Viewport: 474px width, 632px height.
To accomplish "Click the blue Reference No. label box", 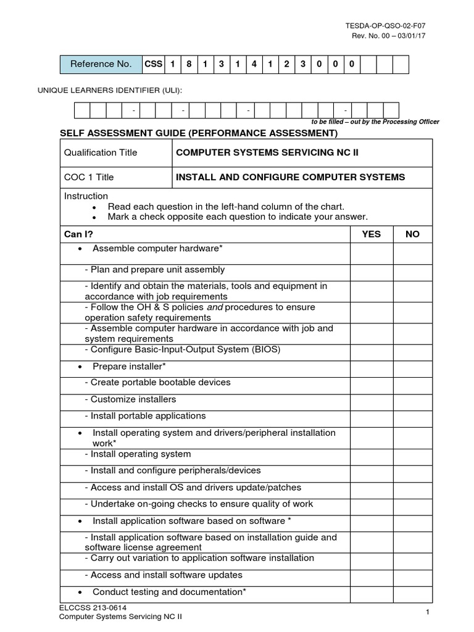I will (x=101, y=64).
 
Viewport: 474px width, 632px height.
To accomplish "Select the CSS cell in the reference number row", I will (x=152, y=64).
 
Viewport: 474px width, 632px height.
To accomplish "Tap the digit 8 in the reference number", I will (x=189, y=64).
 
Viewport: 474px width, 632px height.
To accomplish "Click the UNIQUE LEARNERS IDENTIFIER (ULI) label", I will (x=111, y=91).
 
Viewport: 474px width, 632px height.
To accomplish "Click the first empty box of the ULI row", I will (x=82, y=110).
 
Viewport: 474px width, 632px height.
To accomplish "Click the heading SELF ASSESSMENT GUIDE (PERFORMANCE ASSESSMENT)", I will (x=198, y=133).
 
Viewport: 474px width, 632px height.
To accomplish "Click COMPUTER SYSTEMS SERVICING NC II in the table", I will (x=267, y=152).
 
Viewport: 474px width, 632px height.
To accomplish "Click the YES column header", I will (x=371, y=235).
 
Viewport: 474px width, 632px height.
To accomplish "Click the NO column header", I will (x=412, y=235).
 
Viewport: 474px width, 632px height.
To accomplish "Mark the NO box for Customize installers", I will (x=412, y=399).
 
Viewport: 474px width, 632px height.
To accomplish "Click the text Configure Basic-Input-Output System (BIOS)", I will (x=182, y=349).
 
